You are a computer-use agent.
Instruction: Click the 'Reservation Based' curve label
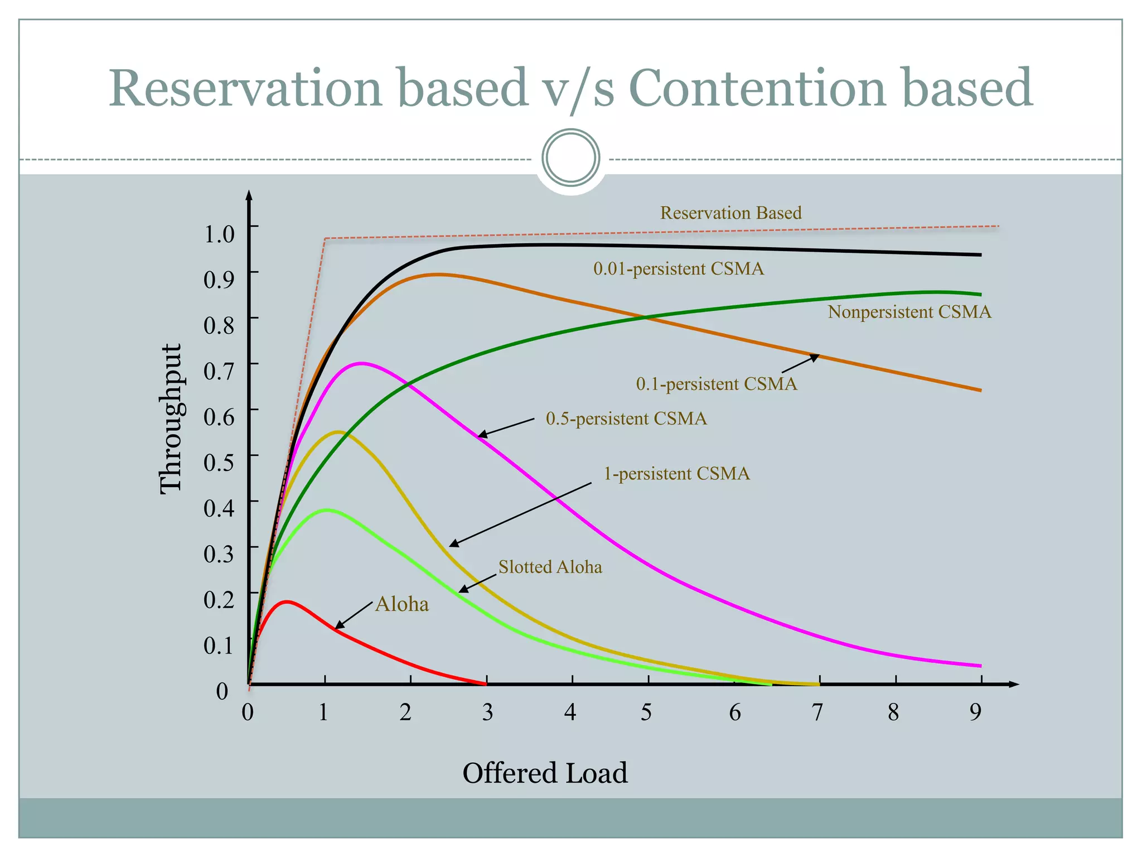pos(730,213)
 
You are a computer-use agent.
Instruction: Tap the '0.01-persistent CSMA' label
pos(678,269)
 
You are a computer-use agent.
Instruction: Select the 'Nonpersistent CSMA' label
pos(909,312)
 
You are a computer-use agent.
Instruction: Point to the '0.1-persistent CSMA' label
pos(716,384)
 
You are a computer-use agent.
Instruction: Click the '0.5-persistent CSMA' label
pos(626,418)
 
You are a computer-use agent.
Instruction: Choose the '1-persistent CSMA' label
pos(676,474)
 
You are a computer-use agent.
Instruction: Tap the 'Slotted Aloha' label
pos(550,567)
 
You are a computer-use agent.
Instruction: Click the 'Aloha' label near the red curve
pos(401,604)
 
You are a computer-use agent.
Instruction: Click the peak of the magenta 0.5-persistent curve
pos(361,363)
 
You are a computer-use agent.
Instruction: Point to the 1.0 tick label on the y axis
pos(219,233)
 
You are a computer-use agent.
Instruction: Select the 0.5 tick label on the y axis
pos(219,462)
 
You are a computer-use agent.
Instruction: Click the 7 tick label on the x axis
pos(817,712)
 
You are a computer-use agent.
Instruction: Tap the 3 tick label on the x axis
pos(487,712)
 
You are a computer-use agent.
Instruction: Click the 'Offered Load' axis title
pos(545,773)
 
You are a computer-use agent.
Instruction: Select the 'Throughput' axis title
pos(170,418)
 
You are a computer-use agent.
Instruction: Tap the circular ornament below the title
pos(570,157)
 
